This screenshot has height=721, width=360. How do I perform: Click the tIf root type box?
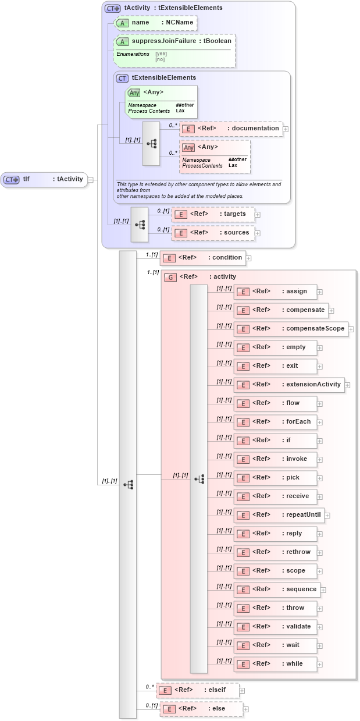(x=44, y=179)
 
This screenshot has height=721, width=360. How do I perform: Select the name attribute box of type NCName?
(x=155, y=23)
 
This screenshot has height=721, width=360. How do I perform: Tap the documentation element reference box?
(x=231, y=129)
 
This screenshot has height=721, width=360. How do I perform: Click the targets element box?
(x=213, y=214)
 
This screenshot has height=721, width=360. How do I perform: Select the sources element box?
(x=213, y=233)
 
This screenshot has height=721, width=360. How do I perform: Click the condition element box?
(x=202, y=258)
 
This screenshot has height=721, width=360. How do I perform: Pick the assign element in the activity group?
(x=275, y=292)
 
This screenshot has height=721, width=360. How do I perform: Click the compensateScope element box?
(x=291, y=329)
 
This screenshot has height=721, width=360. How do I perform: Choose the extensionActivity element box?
(x=289, y=385)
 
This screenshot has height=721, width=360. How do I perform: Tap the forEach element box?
(x=275, y=422)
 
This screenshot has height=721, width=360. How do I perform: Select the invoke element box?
(x=275, y=459)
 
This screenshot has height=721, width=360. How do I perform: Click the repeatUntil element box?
(x=279, y=515)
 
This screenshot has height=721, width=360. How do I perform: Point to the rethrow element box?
(x=275, y=552)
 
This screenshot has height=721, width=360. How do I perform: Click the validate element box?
(x=275, y=627)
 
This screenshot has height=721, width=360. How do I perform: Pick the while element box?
(x=275, y=664)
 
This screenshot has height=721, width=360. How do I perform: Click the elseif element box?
(x=198, y=690)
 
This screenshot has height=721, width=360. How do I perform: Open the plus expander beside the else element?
(x=246, y=709)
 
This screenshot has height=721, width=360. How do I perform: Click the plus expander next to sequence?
(x=323, y=589)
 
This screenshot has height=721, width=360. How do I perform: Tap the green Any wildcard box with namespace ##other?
(x=162, y=102)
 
